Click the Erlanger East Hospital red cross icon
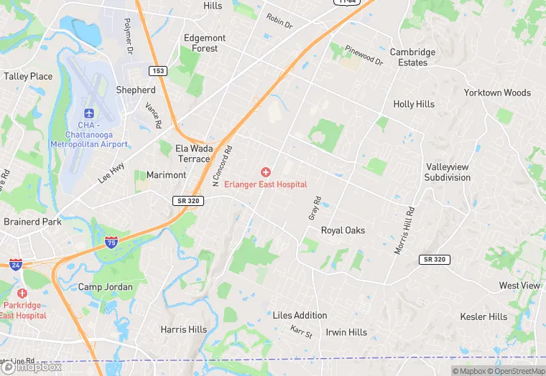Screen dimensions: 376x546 pyautogui.click(x=266, y=172)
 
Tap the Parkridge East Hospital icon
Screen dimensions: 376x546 pyautogui.click(x=22, y=294)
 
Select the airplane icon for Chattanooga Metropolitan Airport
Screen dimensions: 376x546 pyautogui.click(x=88, y=114)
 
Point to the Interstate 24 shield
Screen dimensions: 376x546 pyautogui.click(x=16, y=264)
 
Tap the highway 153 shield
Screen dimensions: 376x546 pyautogui.click(x=159, y=70)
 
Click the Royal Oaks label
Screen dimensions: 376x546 pyautogui.click(x=343, y=230)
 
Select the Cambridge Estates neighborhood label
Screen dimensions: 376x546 pyautogui.click(x=412, y=57)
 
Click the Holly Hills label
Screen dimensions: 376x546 pyautogui.click(x=414, y=104)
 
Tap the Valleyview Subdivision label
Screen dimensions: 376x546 pyautogui.click(x=447, y=171)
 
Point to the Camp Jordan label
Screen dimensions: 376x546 pyautogui.click(x=105, y=287)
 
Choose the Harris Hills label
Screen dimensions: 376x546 pyautogui.click(x=183, y=329)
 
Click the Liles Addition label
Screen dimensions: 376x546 pyautogui.click(x=300, y=315)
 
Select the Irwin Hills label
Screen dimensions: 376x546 pyautogui.click(x=346, y=332)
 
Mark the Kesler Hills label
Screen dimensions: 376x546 pyautogui.click(x=483, y=316)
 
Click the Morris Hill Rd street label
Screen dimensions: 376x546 pyautogui.click(x=404, y=231)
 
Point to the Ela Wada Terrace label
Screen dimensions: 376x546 pyautogui.click(x=194, y=154)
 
